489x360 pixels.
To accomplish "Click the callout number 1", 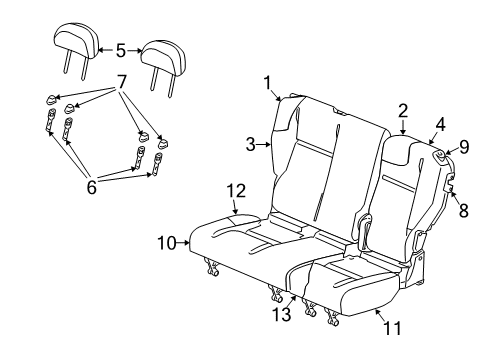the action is click(x=268, y=82).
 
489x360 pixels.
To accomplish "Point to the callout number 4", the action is click(x=439, y=127).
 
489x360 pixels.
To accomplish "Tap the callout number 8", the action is click(x=462, y=209).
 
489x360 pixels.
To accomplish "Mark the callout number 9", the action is click(x=464, y=149).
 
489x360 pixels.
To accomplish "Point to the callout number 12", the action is click(x=235, y=190).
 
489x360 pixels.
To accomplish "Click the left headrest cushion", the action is click(x=76, y=40).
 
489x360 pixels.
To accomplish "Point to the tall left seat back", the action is click(x=320, y=160).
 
